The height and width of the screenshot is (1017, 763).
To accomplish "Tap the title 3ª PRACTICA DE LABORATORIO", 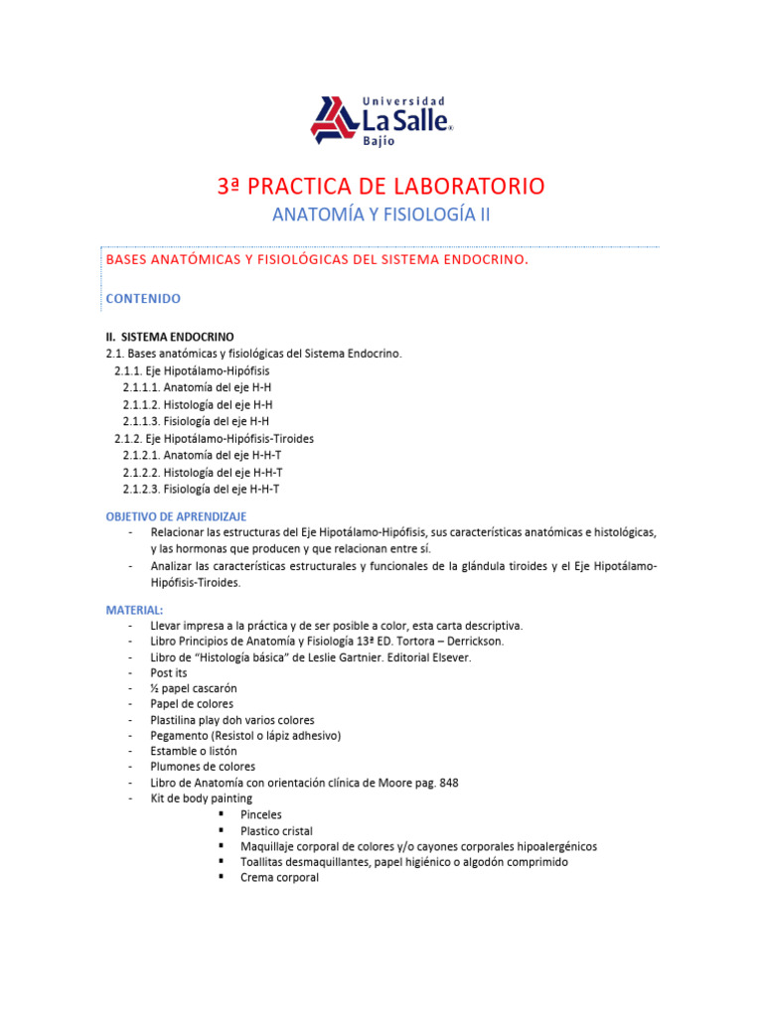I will tap(381, 186).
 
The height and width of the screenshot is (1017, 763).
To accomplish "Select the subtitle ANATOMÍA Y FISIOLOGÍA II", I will tap(381, 215).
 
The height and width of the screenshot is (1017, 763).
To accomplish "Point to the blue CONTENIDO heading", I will tap(143, 298).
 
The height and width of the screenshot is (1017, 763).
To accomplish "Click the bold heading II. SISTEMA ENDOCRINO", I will tap(170, 337).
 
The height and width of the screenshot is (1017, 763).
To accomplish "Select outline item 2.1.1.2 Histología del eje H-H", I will tap(198, 404).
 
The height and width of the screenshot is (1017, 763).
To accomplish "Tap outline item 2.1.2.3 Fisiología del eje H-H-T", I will tap(202, 489).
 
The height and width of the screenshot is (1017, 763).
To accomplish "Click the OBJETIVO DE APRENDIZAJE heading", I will tap(176, 516).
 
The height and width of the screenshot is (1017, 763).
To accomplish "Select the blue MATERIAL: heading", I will tap(134, 609).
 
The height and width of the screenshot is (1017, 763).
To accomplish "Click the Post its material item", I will tap(168, 672).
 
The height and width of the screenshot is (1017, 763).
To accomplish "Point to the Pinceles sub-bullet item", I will tap(260, 814).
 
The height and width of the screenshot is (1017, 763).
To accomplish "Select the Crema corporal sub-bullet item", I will tap(279, 878).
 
